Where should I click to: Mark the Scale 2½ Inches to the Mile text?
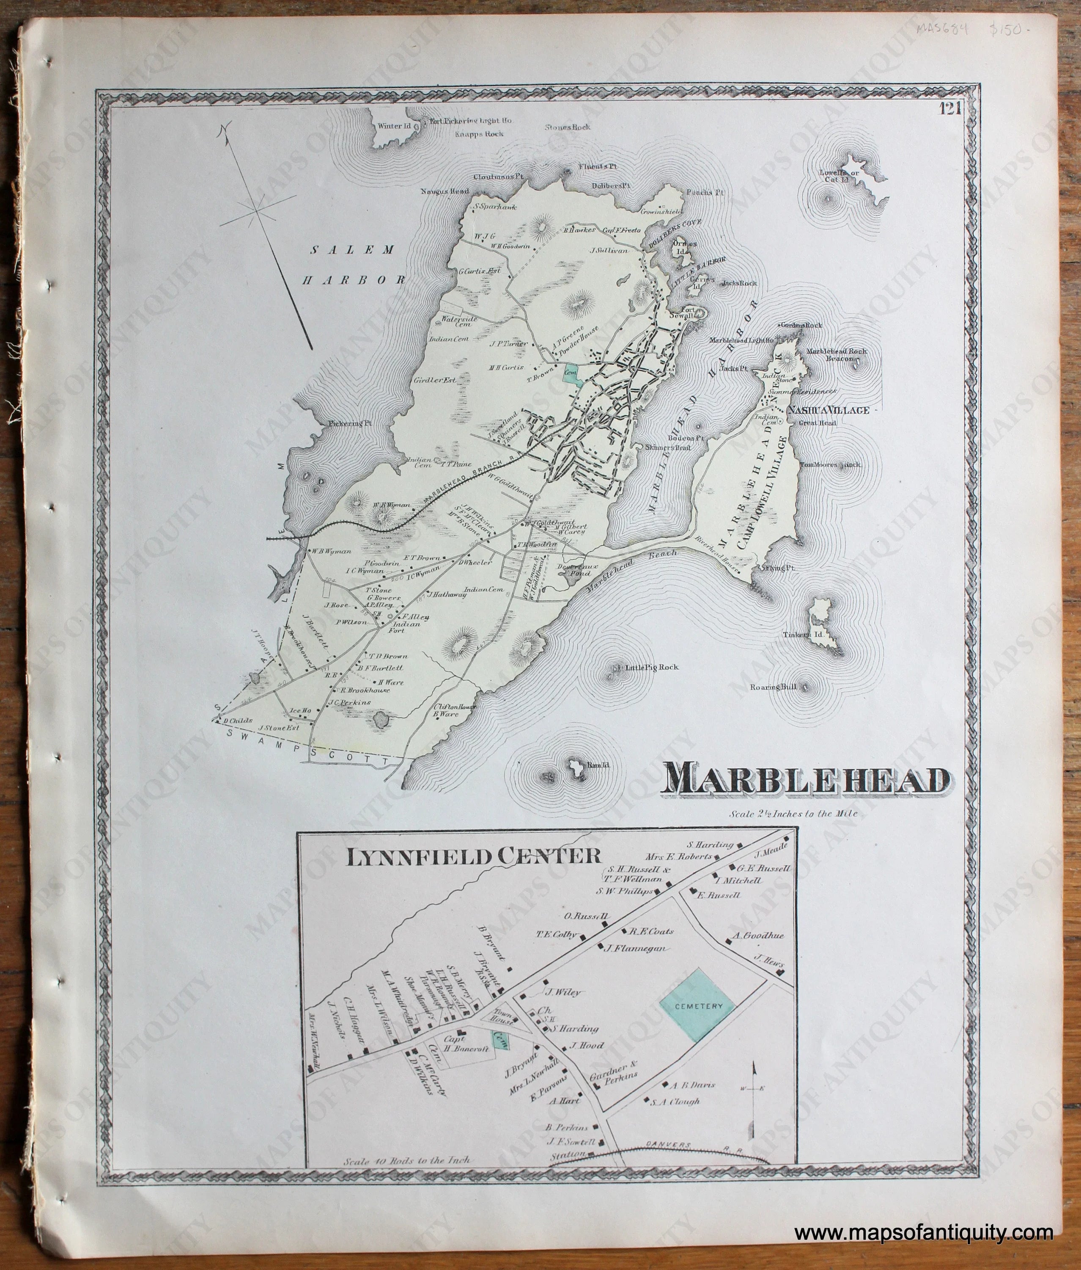coord(793,814)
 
